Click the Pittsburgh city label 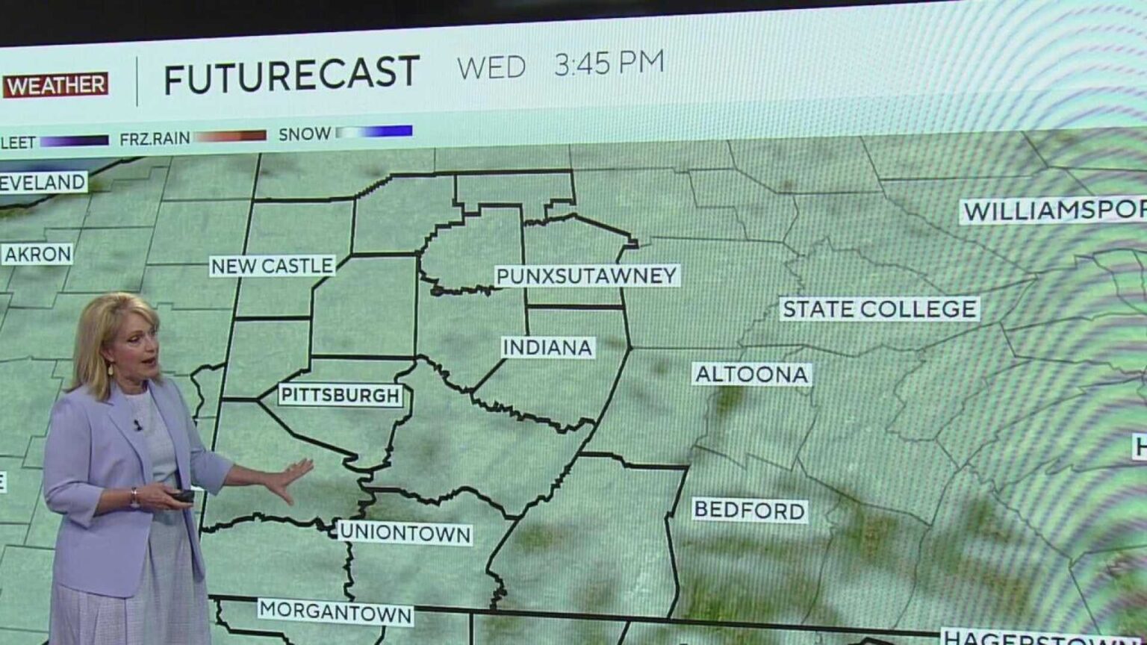(x=341, y=395)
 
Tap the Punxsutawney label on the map (x=586, y=275)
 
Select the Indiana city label (x=547, y=347)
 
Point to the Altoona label (x=751, y=374)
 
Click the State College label (x=879, y=308)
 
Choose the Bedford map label (x=750, y=511)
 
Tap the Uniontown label (x=405, y=533)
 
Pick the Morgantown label (x=335, y=611)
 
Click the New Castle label (x=272, y=266)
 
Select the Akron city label (x=37, y=255)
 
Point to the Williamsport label (x=1053, y=211)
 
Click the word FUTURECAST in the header (x=291, y=75)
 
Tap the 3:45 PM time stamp (x=609, y=63)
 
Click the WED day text (x=491, y=68)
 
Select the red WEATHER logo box (x=55, y=85)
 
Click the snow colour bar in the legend (x=374, y=132)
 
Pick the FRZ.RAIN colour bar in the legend (x=230, y=136)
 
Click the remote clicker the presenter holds (x=182, y=496)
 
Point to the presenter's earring (x=111, y=369)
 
